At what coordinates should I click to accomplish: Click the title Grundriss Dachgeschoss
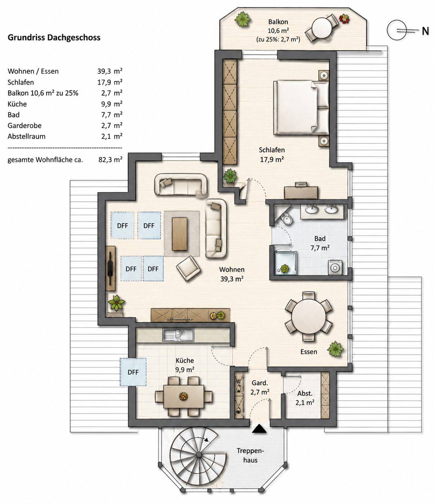54,38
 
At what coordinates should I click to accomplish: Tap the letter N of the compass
425,31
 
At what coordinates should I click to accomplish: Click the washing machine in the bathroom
335,267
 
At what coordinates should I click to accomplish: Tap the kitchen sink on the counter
179,335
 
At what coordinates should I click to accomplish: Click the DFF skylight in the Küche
133,372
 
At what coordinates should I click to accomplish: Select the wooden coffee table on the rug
179,234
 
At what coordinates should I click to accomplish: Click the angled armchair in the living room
188,268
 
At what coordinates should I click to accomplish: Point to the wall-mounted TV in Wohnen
110,268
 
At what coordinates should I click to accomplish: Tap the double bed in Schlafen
301,107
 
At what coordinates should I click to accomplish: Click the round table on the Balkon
322,28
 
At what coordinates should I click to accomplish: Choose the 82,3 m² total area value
110,160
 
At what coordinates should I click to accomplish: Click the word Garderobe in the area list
25,126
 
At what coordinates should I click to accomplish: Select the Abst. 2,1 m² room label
305,398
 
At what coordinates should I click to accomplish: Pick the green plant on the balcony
243,19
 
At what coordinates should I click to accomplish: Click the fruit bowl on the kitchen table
183,396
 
